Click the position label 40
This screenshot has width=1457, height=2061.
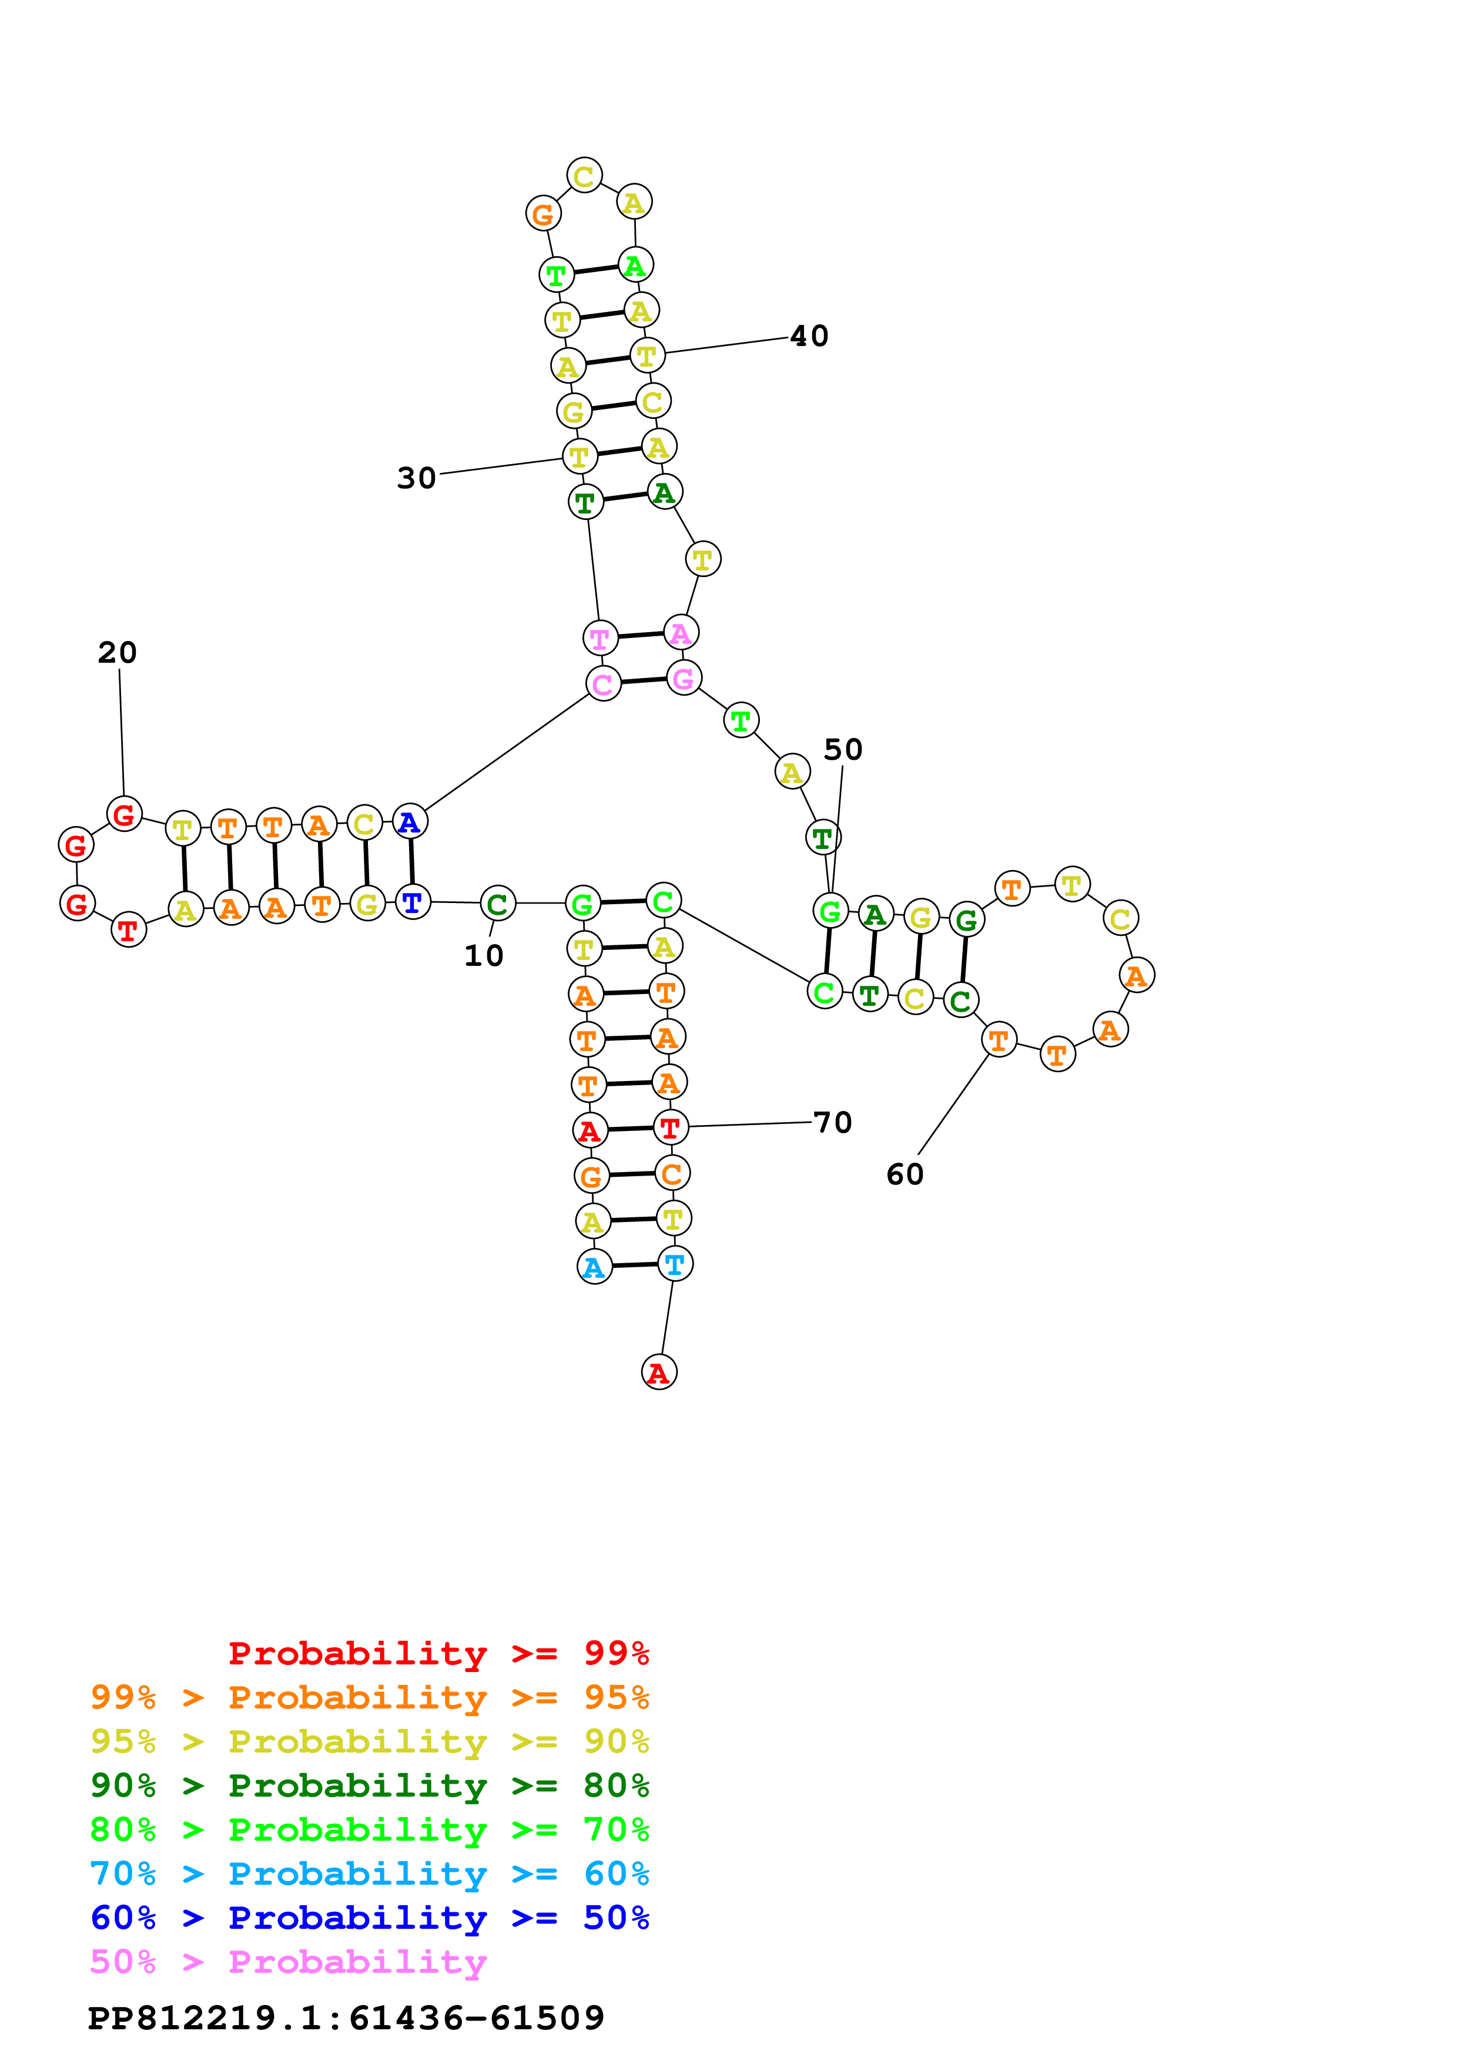point(809,337)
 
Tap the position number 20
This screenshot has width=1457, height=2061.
point(118,653)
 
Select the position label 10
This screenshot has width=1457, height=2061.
point(483,956)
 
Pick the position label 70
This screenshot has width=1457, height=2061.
point(832,1122)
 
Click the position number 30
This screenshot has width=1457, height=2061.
point(417,478)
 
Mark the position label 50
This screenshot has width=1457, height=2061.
point(843,750)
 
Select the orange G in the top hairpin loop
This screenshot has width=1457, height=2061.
point(543,214)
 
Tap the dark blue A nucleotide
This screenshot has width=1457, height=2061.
point(410,823)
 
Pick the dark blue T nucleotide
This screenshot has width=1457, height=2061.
point(412,902)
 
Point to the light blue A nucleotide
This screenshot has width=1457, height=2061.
point(594,1267)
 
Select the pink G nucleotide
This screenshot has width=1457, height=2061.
point(683,679)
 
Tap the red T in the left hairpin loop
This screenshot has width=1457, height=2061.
point(128,931)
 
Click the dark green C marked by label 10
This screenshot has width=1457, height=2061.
point(497,904)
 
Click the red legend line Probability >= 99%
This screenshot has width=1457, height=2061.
point(438,1653)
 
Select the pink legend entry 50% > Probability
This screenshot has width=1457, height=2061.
point(288,1962)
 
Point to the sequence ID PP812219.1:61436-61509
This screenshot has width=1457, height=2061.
point(346,2018)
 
